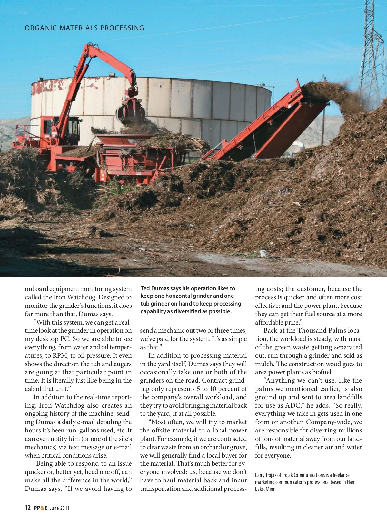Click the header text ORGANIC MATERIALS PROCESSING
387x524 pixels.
[84, 28]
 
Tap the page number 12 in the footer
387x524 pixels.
[28, 508]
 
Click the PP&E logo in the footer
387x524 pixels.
[40, 508]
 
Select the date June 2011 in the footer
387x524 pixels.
[60, 508]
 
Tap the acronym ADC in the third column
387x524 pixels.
[293, 405]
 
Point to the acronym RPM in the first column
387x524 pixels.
[61, 356]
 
